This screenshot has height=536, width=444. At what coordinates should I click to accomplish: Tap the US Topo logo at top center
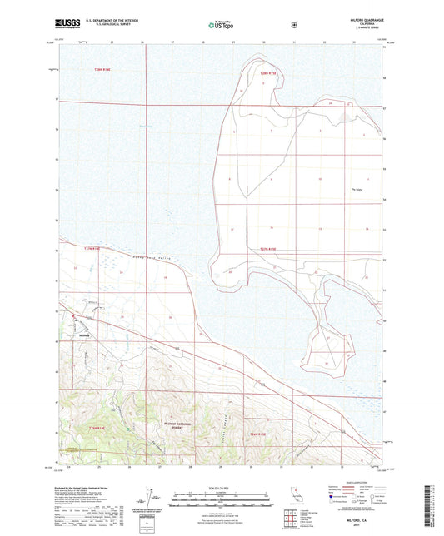click(x=220, y=26)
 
